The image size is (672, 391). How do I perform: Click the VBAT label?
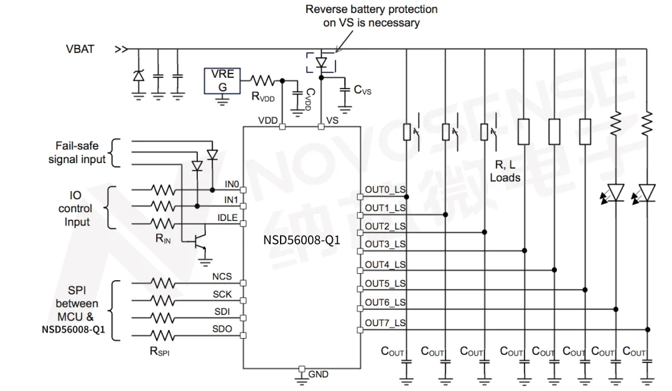point(80,49)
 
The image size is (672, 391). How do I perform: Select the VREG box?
point(222,80)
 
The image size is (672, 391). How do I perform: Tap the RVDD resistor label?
point(263,97)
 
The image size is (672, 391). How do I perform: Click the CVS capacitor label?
point(363,90)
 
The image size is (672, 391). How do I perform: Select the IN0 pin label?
point(231,184)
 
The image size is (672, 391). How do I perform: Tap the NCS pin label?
point(222,276)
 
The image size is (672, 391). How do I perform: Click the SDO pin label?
point(222,328)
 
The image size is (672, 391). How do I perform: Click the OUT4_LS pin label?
point(385,265)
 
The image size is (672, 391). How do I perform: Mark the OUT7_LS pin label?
point(385,323)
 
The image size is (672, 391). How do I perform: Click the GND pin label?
point(319,374)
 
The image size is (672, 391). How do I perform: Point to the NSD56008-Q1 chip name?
point(301,240)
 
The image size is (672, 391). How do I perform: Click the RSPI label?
point(159,351)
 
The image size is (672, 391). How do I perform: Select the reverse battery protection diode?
point(321,62)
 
